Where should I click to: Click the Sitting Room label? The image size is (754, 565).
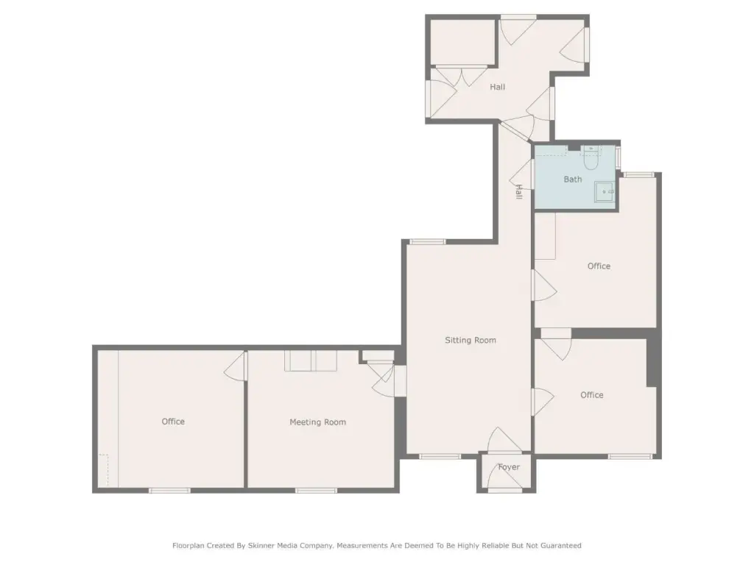tap(471, 340)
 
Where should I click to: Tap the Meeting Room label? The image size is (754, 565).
tap(317, 422)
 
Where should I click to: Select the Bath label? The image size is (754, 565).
tap(573, 180)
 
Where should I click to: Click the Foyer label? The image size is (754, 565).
tap(509, 467)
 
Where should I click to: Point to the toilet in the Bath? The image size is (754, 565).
tap(591, 159)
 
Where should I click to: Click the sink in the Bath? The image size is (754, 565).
tap(605, 192)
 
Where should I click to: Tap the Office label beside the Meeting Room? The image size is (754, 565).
tap(173, 422)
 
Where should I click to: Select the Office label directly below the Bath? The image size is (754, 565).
tap(599, 266)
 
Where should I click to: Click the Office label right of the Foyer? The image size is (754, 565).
tap(592, 395)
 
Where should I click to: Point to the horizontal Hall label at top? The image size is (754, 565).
tap(498, 87)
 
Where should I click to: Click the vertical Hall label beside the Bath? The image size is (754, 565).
tap(519, 192)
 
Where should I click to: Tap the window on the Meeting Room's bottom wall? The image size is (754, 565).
tap(316, 491)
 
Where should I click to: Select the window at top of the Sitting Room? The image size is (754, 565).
tap(427, 241)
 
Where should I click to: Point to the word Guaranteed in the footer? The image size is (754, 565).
tap(561, 546)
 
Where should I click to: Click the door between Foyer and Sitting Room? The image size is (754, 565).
tap(504, 440)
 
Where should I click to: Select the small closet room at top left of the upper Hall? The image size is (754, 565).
tap(462, 42)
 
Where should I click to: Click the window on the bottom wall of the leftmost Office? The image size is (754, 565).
tap(169, 491)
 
